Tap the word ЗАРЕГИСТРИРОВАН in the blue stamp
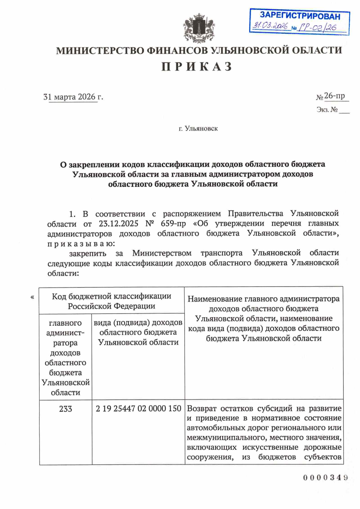(300, 16)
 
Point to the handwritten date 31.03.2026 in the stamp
(270, 26)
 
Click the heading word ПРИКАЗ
(197, 66)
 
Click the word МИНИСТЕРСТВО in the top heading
(100, 50)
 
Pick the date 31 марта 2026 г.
(73, 97)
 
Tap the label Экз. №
(327, 110)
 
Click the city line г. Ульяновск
(198, 129)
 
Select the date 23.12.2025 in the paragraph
(118, 224)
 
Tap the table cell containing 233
(65, 409)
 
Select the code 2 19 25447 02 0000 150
(138, 409)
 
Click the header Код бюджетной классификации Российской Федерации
(111, 301)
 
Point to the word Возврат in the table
(201, 408)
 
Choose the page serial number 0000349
(325, 477)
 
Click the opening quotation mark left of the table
(32, 297)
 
